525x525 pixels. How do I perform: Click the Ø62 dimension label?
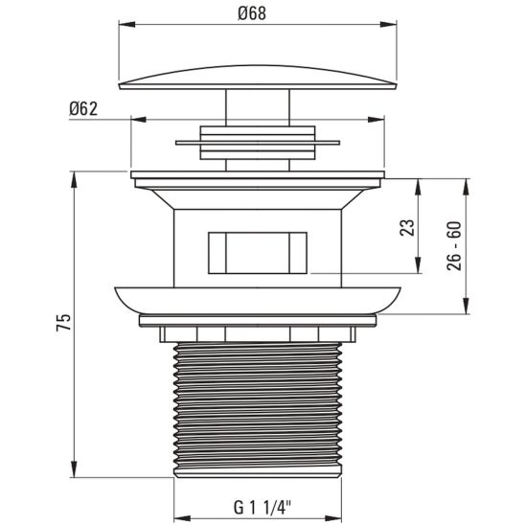[x=83, y=108]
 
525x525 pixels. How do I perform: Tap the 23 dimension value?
[x=406, y=227]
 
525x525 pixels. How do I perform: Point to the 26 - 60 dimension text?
[x=454, y=246]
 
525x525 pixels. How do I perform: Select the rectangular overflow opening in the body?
[x=257, y=252]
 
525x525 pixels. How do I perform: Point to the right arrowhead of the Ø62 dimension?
[x=381, y=121]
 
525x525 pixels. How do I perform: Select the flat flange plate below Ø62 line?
[x=257, y=178]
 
